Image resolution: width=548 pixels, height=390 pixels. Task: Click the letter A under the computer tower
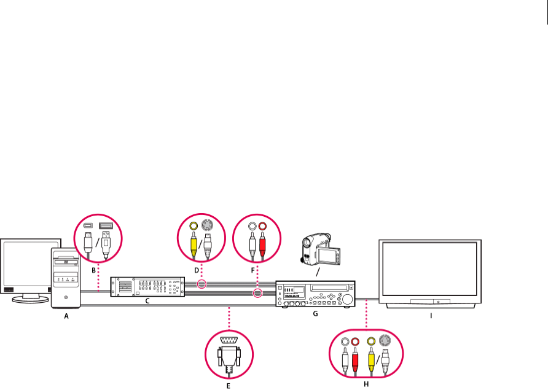(66, 316)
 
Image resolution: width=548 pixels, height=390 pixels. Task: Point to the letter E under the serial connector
(229, 386)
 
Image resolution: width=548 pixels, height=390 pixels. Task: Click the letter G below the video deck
(316, 314)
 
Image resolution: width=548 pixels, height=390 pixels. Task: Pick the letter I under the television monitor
(431, 316)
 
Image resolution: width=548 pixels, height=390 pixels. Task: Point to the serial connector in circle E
(229, 356)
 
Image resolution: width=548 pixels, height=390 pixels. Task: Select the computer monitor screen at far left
(25, 264)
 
